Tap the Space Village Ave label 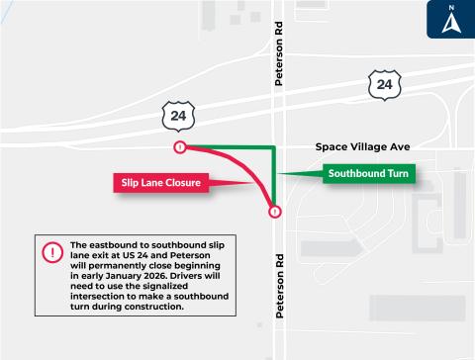(x=361, y=146)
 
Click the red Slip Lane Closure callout (x=163, y=183)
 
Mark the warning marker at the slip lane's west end (x=179, y=147)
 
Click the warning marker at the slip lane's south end (x=274, y=211)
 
